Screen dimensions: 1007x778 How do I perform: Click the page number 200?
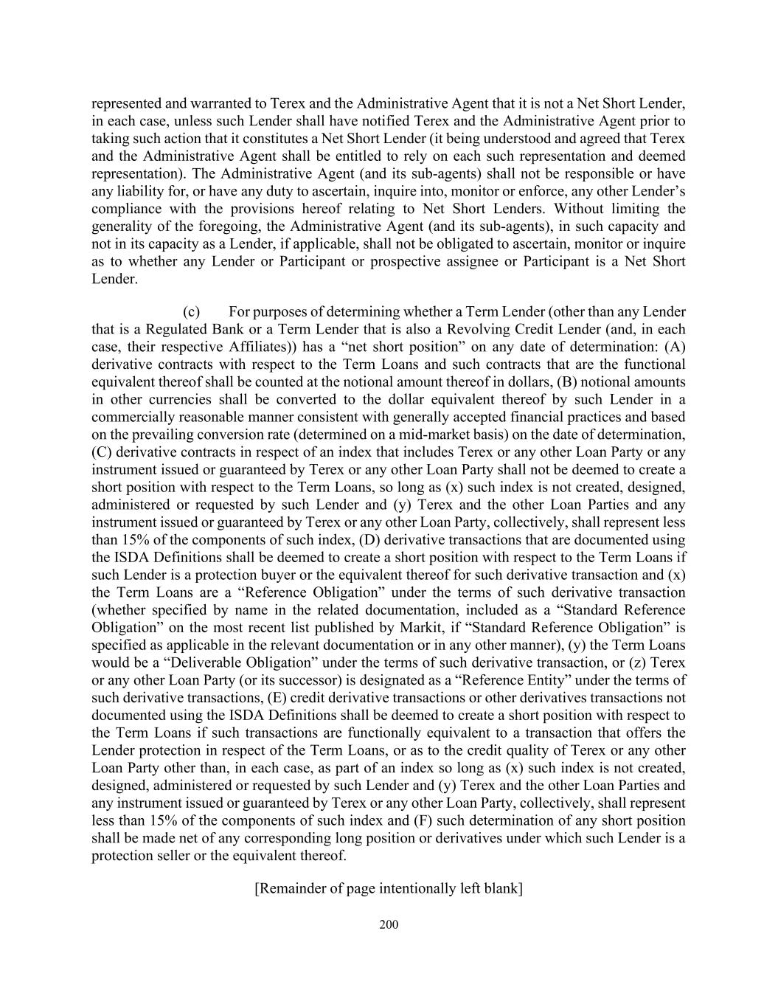coord(389,924)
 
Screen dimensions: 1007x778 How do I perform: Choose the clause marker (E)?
coord(282,698)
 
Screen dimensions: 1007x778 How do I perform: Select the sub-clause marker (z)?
coord(636,662)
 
